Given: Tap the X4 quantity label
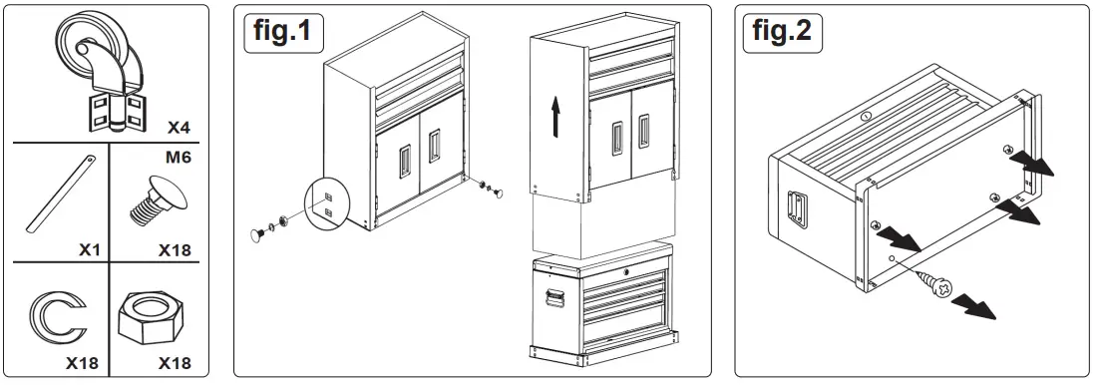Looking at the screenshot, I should [179, 128].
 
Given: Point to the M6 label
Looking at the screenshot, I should [179, 157].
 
